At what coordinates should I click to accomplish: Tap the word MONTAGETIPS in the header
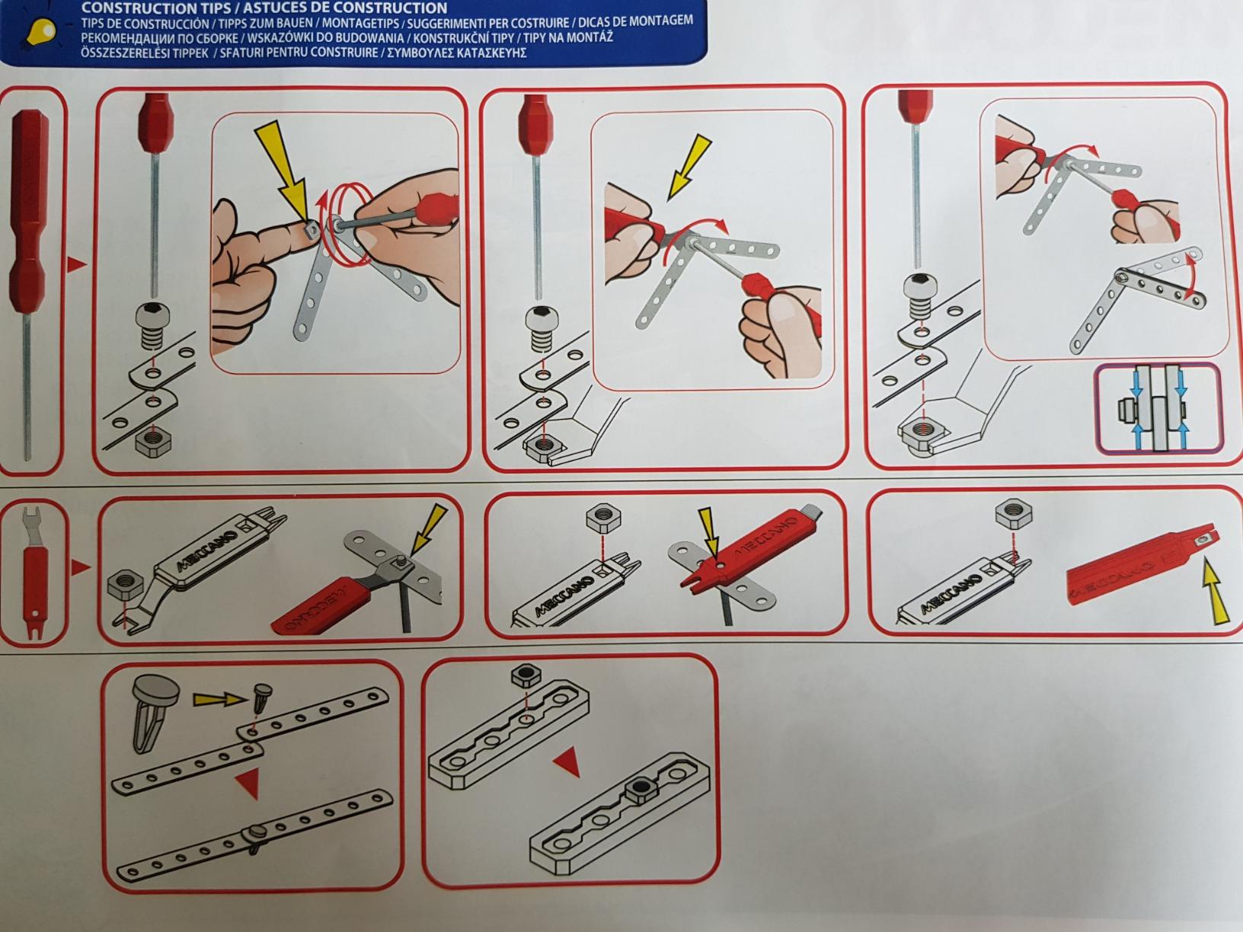[364, 24]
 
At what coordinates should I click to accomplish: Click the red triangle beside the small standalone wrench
[81, 567]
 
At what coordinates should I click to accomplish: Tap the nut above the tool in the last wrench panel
[1013, 516]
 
